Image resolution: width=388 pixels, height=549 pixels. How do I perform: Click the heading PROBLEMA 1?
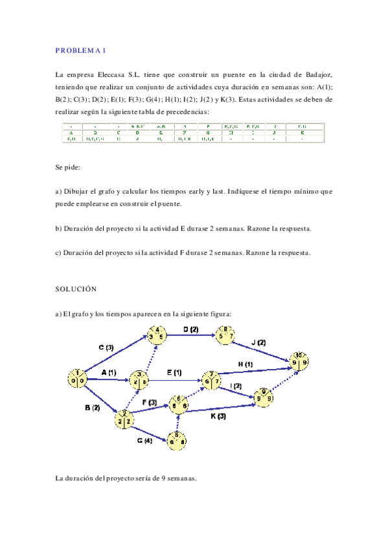coord(81,50)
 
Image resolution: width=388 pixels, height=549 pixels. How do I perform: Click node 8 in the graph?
coord(225,334)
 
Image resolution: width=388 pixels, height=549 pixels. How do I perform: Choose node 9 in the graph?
coord(263,395)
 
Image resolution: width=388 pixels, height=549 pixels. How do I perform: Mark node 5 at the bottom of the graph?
coord(177,440)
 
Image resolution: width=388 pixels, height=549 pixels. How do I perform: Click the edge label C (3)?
coord(106,348)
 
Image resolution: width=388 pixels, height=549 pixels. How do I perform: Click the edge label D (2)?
coord(190,330)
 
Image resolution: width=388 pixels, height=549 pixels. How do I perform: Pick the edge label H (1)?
coord(245,364)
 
